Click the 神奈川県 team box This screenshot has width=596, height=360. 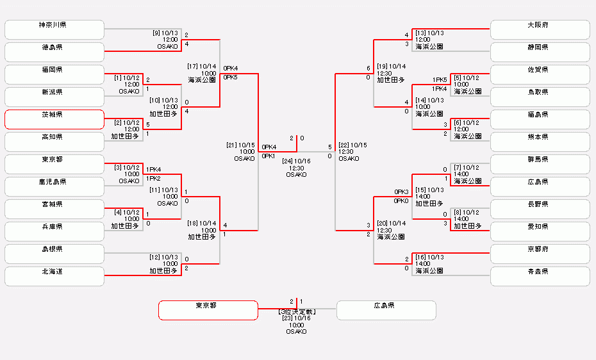point(54,29)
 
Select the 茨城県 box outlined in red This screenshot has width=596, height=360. point(54,119)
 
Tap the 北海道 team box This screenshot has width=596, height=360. point(54,276)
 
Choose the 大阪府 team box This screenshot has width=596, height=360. point(540,29)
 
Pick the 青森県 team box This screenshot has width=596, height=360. point(540,276)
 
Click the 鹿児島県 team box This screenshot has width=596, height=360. point(54,186)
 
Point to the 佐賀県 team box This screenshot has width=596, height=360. point(540,74)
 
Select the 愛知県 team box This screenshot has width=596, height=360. point(540,231)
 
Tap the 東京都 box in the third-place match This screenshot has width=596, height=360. point(208,310)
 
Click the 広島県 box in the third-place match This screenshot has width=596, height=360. point(386,310)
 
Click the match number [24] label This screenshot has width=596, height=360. point(287,161)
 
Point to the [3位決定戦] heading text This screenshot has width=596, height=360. point(296,311)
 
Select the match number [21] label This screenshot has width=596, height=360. point(232,145)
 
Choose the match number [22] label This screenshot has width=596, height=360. point(344,145)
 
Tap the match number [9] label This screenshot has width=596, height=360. point(156,33)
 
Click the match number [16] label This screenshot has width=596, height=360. point(420,257)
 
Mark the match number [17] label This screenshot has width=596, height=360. point(192,66)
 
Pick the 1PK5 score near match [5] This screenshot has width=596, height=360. point(440,80)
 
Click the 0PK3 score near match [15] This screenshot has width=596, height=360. point(401,192)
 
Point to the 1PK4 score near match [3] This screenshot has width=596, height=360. point(154,170)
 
